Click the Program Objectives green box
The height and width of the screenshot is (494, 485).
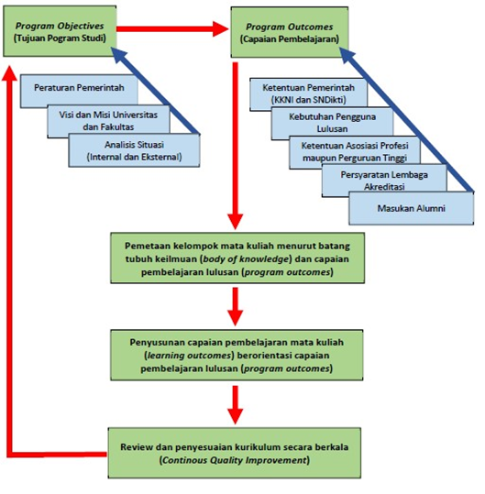click(60, 31)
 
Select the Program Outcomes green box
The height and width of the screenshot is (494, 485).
click(290, 32)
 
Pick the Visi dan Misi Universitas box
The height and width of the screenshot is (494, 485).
click(108, 121)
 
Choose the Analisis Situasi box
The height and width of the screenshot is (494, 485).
click(134, 150)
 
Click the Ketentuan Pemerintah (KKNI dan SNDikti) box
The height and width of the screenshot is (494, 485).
click(308, 93)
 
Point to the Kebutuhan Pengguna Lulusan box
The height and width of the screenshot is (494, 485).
click(332, 123)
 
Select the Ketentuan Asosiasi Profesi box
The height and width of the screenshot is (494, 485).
click(355, 152)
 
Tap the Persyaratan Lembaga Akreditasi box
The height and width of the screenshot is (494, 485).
click(384, 181)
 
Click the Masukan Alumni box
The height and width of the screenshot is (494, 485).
click(411, 208)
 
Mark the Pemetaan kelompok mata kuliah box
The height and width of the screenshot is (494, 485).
click(237, 258)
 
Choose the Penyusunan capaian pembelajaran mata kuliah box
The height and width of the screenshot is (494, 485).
click(237, 355)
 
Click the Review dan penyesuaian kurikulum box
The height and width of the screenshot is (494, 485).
click(235, 453)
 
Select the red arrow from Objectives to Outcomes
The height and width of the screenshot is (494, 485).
click(172, 29)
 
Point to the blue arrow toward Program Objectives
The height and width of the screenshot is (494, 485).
click(155, 91)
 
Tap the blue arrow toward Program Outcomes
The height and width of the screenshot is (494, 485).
click(406, 120)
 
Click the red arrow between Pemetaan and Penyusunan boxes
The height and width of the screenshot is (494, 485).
click(235, 306)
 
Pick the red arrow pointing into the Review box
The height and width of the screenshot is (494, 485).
click(235, 405)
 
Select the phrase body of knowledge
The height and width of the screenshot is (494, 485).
click(246, 259)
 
